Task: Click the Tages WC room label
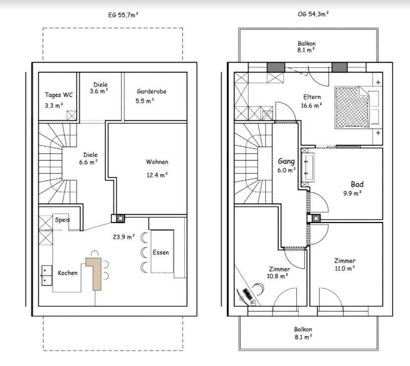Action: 58,94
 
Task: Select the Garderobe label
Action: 152,91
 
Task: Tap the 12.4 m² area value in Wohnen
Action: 157,175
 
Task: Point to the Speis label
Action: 62,220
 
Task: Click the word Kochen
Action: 68,273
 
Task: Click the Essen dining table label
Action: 161,252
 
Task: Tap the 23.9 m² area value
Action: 124,237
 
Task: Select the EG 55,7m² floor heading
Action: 123,15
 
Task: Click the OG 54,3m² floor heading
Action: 313,14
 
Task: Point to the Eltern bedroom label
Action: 312,97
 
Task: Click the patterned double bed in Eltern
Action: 353,108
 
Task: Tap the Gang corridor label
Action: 286,161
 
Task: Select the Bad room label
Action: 357,184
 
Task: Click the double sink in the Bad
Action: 308,167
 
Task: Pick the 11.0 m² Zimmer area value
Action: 345,268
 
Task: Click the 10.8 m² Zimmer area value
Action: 277,276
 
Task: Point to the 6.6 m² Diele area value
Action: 88,162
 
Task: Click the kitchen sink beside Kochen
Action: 47,275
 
